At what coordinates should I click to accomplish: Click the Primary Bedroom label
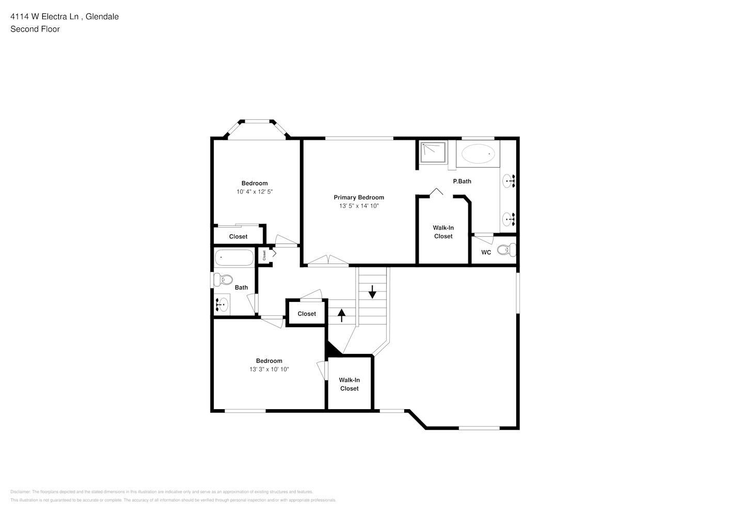click(358, 198)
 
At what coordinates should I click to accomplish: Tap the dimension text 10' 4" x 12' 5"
click(255, 192)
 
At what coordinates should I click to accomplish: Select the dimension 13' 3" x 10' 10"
click(269, 369)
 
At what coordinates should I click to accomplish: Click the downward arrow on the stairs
click(372, 292)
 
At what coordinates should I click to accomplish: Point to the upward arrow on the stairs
click(342, 315)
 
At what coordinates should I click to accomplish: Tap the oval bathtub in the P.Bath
click(478, 154)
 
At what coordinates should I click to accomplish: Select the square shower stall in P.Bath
click(433, 152)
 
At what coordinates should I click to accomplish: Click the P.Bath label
click(462, 182)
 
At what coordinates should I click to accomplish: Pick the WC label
click(486, 253)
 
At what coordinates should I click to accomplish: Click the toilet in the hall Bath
click(224, 280)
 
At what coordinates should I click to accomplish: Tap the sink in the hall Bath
click(222, 305)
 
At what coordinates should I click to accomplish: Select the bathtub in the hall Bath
click(234, 257)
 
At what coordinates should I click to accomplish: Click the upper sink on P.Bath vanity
click(509, 181)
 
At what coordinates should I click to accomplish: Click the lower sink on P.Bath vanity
click(509, 219)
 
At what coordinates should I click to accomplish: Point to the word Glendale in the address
click(102, 17)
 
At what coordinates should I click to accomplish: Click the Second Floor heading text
click(35, 29)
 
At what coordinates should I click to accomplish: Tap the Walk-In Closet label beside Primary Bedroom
click(443, 232)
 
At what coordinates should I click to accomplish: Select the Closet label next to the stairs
click(307, 314)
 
